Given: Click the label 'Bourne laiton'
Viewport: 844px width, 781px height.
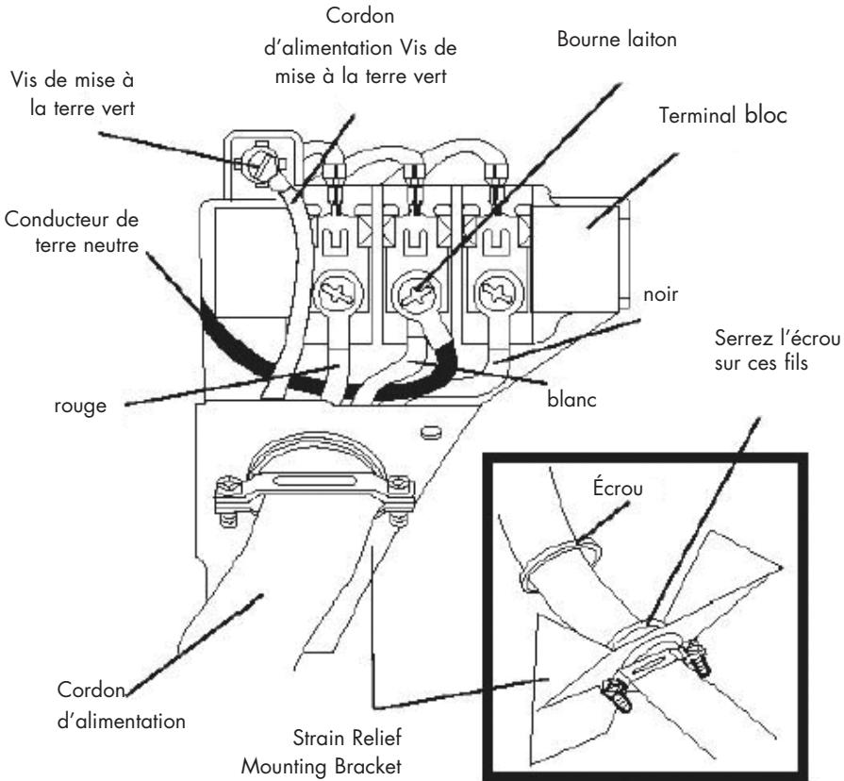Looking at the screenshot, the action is coord(617,40).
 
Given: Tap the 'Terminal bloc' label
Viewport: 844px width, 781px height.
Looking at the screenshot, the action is coord(723,115).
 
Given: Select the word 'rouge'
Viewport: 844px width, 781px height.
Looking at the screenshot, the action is coord(80,407).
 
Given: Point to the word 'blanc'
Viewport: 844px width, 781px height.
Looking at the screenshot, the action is coord(571,399).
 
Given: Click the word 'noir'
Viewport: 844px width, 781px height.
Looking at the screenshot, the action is coord(660,294).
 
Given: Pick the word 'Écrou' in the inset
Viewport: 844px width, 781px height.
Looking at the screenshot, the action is coord(618,488).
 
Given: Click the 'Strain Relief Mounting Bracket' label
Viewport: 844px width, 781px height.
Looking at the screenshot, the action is coord(322,752).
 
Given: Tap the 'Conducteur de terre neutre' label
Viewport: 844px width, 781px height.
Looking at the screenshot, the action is coord(72,232).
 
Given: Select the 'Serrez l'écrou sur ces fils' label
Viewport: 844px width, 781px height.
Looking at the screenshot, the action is coord(777,350).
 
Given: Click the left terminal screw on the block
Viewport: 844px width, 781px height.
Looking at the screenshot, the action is coord(338,293).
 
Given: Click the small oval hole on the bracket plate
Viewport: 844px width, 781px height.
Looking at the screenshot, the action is coord(430,431).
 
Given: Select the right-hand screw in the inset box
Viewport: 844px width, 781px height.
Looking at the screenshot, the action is coord(697,657).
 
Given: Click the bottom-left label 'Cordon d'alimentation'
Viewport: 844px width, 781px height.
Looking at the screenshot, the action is coord(121,706).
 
